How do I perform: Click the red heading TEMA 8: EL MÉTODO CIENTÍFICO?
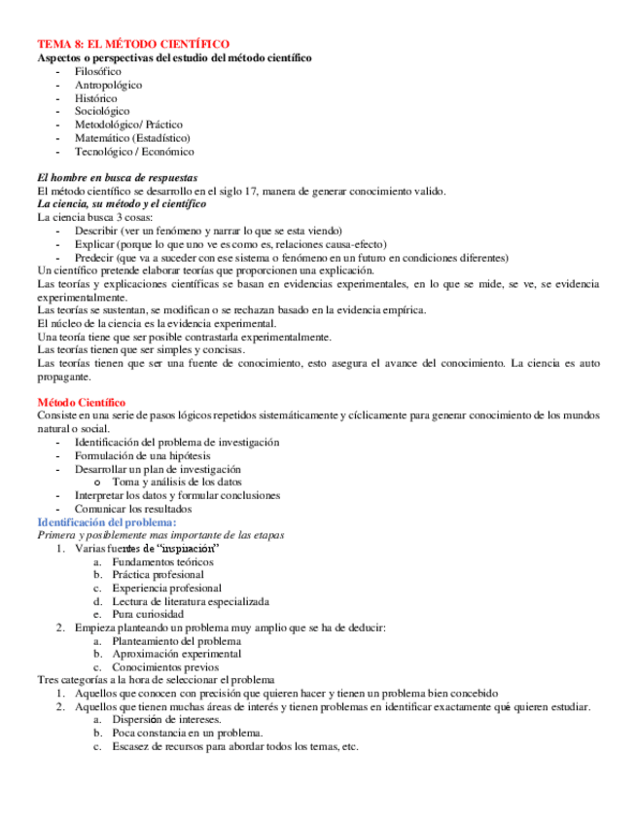tap(133, 45)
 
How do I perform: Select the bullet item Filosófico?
tap(97, 72)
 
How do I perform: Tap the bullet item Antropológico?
tap(108, 86)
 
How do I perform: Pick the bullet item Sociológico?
tap(102, 112)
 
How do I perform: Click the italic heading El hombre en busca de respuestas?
tap(117, 178)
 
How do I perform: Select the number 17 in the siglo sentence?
tap(251, 192)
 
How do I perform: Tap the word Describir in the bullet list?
tap(96, 232)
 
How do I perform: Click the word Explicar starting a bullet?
tap(95, 245)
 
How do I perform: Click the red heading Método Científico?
tap(82, 402)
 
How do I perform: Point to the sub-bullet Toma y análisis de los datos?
tap(177, 482)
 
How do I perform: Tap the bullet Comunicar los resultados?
tap(133, 509)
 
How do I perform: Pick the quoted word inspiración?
tap(186, 549)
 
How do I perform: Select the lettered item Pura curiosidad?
tap(148, 615)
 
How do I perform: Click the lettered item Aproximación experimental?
tap(173, 655)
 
